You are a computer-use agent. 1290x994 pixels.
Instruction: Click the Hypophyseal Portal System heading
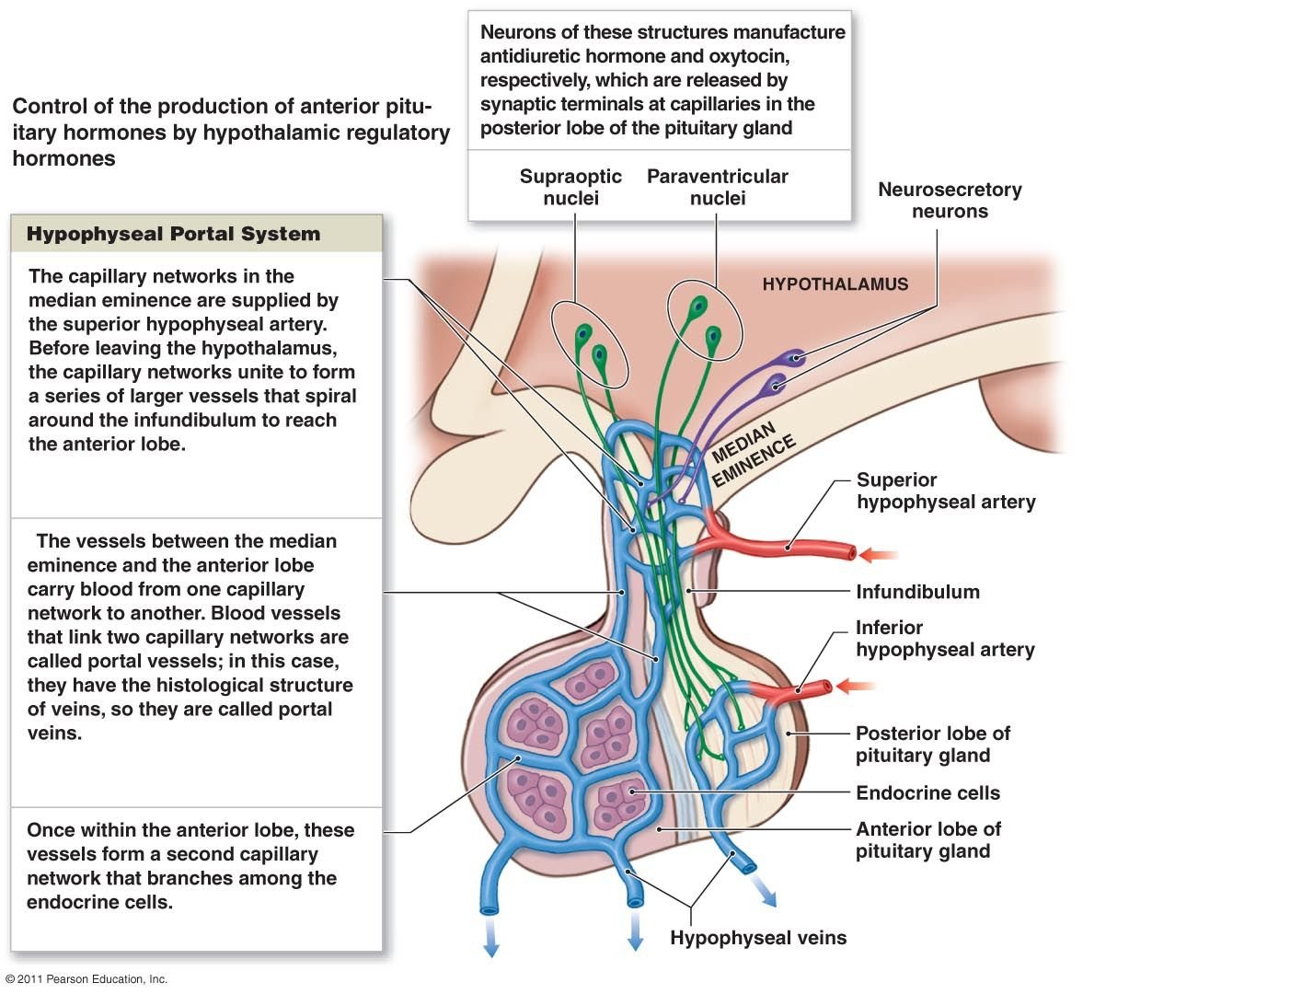[x=173, y=234]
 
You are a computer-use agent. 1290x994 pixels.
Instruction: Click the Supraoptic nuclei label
[x=570, y=187]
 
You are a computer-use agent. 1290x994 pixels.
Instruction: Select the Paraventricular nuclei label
[x=717, y=187]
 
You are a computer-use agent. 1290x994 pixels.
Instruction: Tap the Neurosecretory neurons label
[x=950, y=200]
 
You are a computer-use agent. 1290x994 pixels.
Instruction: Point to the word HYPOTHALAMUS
[x=835, y=284]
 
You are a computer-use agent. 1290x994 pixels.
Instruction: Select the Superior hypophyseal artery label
[x=945, y=491]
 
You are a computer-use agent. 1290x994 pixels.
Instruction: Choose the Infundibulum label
[x=917, y=592]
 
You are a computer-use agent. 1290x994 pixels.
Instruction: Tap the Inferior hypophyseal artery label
[x=944, y=638]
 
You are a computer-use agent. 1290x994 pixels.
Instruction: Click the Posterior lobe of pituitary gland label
[x=932, y=744]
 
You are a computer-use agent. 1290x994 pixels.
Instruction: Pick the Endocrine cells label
[x=927, y=792]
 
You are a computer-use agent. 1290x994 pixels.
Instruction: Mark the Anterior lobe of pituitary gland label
[x=927, y=839]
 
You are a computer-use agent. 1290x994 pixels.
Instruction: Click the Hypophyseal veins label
[x=758, y=938]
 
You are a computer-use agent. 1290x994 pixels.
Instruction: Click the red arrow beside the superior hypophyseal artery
[x=880, y=555]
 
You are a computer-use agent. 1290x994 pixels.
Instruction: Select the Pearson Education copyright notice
[x=86, y=979]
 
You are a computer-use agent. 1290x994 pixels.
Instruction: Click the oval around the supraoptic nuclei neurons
[x=589, y=344]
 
